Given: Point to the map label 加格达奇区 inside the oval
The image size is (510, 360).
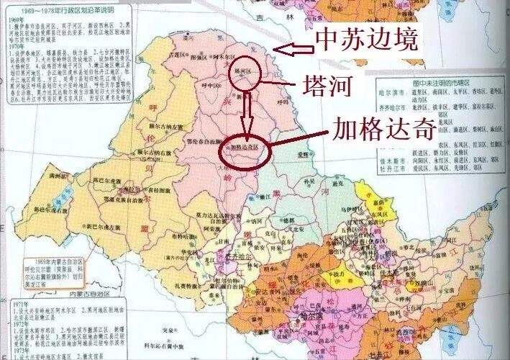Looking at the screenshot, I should [x=242, y=148].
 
